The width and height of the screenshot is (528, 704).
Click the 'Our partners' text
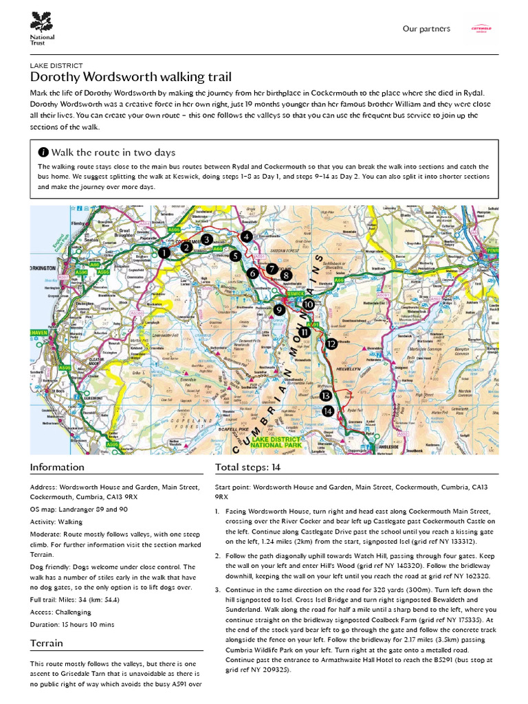click(426, 29)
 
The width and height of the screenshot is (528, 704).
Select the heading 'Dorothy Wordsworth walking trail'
click(131, 77)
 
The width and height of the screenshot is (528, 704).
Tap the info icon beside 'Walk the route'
click(44, 153)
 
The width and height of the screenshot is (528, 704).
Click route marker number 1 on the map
click(164, 254)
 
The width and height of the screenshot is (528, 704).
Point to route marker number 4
click(246, 236)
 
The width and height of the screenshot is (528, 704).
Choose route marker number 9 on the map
click(278, 310)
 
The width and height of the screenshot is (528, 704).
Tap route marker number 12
click(331, 344)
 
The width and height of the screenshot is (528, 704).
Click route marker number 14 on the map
click(328, 410)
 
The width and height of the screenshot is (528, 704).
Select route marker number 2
click(186, 247)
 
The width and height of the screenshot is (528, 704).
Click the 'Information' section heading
click(57, 467)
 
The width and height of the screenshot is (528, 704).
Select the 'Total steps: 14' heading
click(247, 467)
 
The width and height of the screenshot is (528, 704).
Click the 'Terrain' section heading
click(47, 643)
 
